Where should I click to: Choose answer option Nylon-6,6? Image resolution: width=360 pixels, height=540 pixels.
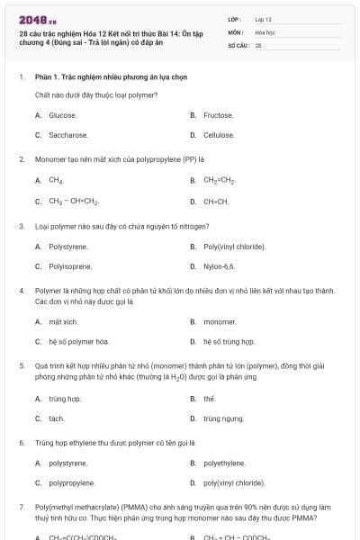point(219,266)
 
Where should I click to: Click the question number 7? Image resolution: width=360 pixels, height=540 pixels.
point(21,508)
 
